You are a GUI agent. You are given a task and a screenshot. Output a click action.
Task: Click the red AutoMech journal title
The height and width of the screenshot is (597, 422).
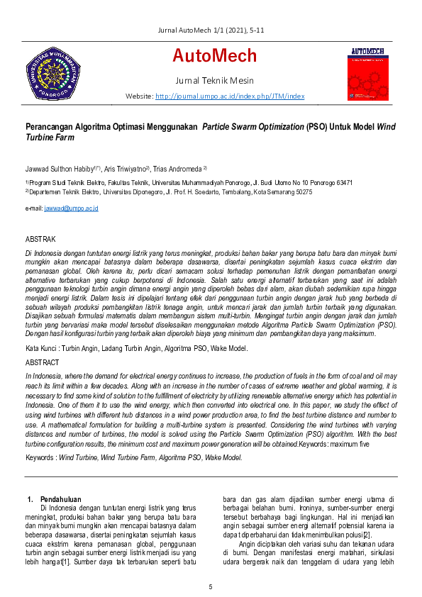point(211,56)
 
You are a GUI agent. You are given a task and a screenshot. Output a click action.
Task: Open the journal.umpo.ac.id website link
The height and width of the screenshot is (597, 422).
point(230,96)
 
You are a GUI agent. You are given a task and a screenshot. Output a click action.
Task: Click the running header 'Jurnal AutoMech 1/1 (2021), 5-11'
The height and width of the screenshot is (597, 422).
point(211,10)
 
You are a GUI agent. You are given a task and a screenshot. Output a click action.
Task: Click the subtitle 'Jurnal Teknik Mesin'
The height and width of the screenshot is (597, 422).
point(211,80)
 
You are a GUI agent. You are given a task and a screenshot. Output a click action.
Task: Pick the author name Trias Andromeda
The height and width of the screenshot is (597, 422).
point(178,169)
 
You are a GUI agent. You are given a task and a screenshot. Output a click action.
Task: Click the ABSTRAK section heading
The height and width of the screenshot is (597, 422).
point(40,240)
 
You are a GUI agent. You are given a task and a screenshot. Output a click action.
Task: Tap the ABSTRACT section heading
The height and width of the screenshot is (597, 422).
point(42,362)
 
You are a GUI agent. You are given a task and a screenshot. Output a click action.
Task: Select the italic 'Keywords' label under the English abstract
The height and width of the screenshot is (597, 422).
point(40,458)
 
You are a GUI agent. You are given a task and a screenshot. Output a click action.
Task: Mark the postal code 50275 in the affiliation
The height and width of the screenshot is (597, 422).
point(301,192)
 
